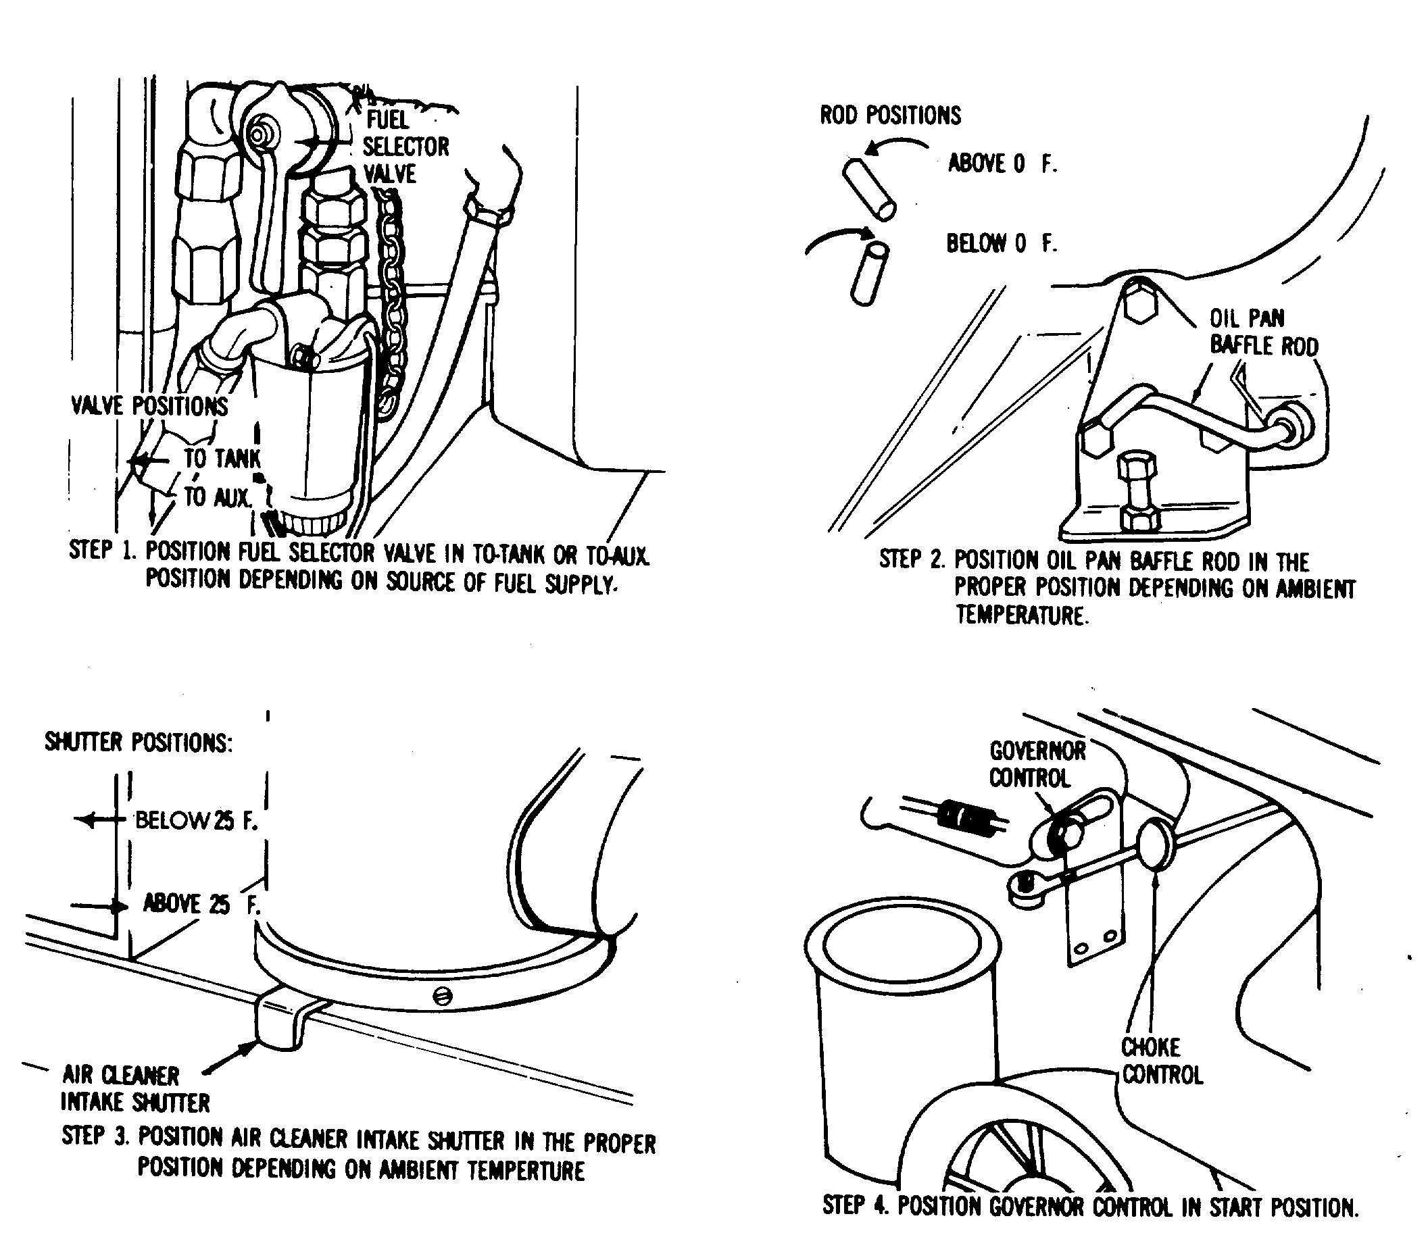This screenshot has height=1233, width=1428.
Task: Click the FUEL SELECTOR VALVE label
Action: (x=407, y=147)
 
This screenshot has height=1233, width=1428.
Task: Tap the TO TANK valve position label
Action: (x=222, y=458)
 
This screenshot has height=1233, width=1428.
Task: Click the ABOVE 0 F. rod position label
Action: (x=1002, y=163)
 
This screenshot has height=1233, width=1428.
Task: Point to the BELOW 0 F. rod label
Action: (x=1002, y=243)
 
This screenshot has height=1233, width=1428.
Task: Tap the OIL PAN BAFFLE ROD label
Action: (x=1263, y=331)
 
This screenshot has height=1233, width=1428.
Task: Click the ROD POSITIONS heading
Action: (x=890, y=115)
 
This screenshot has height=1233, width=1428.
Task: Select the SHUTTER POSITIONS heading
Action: (x=139, y=742)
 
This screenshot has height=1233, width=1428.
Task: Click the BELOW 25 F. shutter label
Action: (x=196, y=820)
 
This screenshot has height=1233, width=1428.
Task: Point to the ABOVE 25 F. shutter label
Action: (x=201, y=903)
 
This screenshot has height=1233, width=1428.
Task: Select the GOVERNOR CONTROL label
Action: (x=1037, y=764)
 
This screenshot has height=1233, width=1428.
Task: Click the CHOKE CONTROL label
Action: (x=1162, y=1061)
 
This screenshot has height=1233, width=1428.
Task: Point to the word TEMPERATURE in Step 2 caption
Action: (x=1020, y=614)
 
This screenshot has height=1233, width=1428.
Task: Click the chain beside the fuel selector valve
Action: (x=391, y=303)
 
